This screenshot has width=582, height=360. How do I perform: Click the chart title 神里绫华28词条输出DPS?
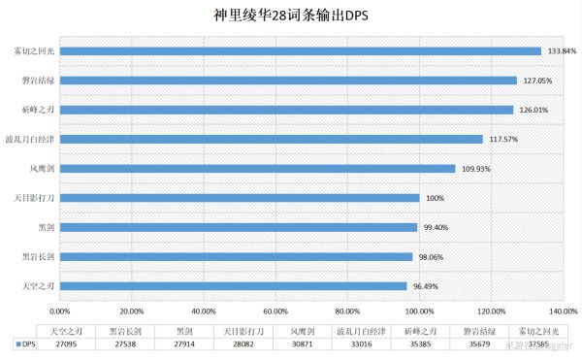292,16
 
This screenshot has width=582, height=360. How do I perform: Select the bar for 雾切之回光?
300,51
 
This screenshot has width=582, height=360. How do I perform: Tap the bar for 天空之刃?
233,286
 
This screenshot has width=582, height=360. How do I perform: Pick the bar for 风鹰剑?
257,169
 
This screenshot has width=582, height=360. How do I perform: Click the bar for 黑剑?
238,227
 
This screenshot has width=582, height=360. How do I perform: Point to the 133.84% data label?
562,51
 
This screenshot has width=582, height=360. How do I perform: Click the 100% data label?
435,198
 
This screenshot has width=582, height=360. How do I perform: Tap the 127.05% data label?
537,81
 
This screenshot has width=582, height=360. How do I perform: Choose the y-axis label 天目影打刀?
35,198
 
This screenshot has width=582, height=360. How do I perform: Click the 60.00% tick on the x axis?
275,311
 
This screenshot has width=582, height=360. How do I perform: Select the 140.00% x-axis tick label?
564,311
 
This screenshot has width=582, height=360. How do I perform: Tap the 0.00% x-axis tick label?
59,311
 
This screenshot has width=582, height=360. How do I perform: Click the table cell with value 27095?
66,344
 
